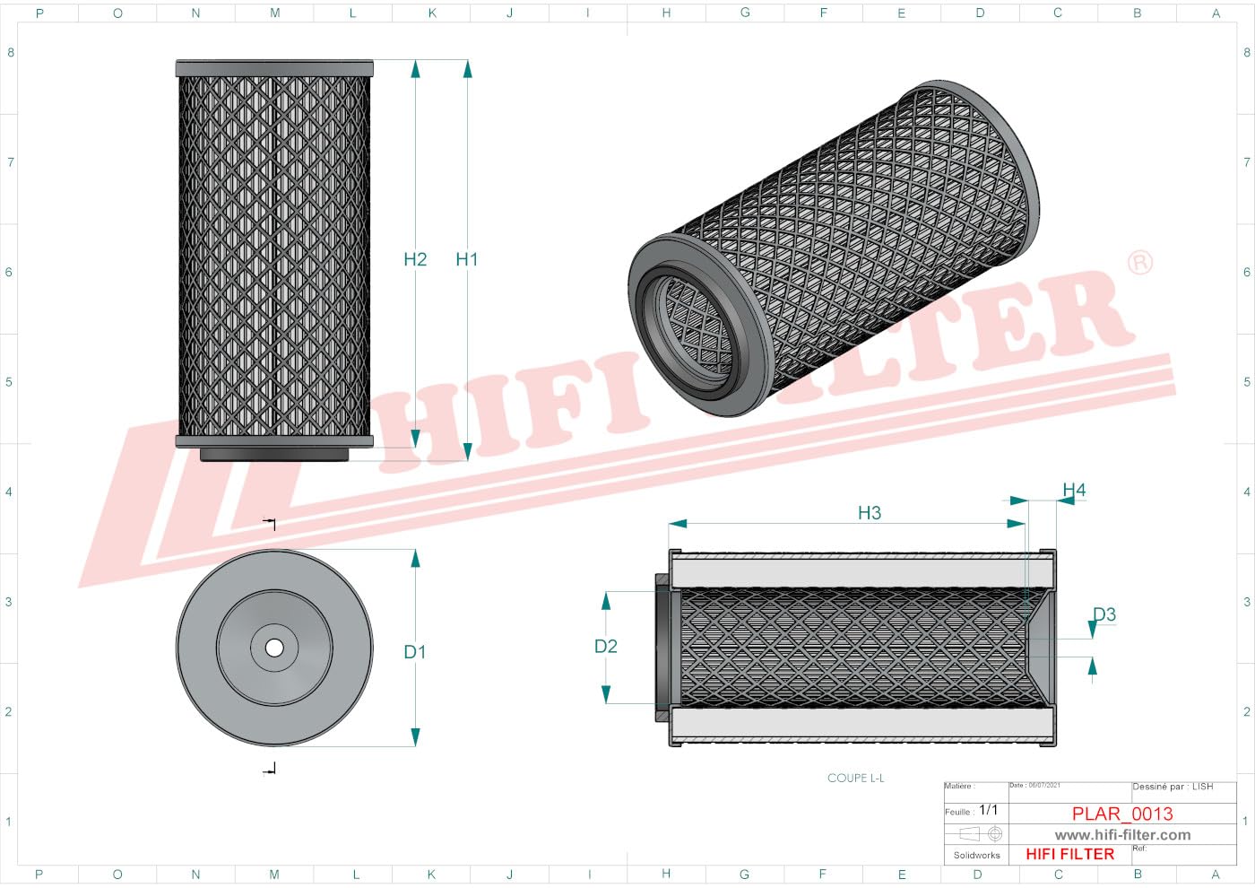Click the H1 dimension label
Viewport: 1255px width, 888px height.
(x=466, y=259)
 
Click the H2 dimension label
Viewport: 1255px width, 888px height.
(x=415, y=259)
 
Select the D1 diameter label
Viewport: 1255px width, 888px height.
(x=414, y=652)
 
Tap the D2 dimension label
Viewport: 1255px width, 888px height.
(x=606, y=646)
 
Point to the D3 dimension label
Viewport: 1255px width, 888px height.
(x=1104, y=614)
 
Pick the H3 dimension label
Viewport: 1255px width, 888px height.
(x=869, y=513)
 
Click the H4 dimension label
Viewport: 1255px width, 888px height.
(x=1074, y=490)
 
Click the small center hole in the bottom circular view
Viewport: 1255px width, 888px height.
(x=274, y=648)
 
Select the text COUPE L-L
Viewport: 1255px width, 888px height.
(x=855, y=778)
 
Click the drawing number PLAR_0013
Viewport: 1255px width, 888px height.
(x=1122, y=814)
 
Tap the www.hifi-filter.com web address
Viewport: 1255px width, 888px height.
(x=1122, y=834)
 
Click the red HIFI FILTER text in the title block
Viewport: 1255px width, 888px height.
(x=1069, y=854)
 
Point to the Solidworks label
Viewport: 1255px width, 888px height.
(x=976, y=855)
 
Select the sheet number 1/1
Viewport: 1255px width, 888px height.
(x=988, y=810)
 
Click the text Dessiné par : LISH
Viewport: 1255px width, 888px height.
(x=1173, y=787)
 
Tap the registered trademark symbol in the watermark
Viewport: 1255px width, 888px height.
(x=1139, y=263)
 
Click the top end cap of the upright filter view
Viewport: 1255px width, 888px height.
(x=274, y=68)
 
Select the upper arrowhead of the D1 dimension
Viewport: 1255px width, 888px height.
(x=415, y=558)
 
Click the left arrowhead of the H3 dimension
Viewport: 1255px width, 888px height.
(x=678, y=523)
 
